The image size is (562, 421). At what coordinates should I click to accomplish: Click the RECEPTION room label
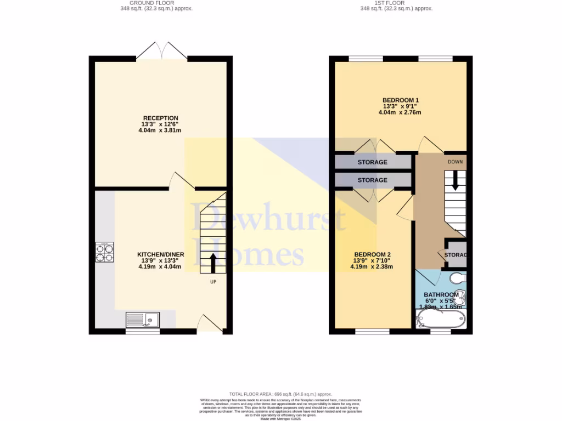(160, 118)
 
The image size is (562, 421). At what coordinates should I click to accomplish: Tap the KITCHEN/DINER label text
(160, 254)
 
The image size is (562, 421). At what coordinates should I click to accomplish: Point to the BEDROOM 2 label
(372, 254)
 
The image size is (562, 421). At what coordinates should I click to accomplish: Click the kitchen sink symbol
(142, 320)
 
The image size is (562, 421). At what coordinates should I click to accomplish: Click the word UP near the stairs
(213, 283)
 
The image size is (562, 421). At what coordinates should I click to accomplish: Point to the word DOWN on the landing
(455, 162)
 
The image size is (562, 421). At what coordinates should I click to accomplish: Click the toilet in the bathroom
(457, 279)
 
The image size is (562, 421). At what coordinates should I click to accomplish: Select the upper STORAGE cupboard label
(372, 162)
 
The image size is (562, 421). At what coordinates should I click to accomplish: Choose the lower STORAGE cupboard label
(372, 180)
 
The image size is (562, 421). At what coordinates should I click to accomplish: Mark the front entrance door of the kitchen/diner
(210, 325)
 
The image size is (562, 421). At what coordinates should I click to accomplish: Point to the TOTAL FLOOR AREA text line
(281, 394)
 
